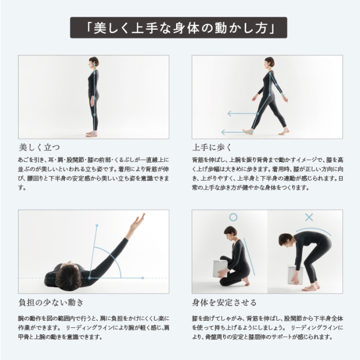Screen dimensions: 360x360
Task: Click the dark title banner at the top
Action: (178, 28)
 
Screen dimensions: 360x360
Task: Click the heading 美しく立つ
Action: (39, 147)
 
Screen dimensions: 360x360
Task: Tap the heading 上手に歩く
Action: (212, 147)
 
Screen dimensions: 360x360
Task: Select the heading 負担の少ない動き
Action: (51, 303)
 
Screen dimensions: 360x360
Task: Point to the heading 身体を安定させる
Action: (224, 303)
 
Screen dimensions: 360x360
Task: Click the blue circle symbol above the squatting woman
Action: (233, 217)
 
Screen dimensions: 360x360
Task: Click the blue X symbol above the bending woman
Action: (309, 217)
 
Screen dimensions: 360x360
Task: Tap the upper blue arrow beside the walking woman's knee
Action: (242, 114)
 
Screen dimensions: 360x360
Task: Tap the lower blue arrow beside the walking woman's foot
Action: (233, 132)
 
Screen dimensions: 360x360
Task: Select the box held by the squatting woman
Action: (220, 269)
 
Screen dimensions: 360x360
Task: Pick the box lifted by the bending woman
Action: (295, 275)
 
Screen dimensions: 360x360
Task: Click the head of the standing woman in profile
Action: (93, 62)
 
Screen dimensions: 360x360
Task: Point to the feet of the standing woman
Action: (92, 134)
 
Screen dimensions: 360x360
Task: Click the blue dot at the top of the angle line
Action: (97, 226)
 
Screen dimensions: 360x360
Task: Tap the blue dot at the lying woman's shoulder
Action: (89, 278)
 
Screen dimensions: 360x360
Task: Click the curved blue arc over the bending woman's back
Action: (314, 229)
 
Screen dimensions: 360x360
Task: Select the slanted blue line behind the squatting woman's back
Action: (249, 256)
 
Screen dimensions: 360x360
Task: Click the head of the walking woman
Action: (269, 62)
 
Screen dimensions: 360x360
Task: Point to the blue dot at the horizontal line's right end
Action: (143, 278)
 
